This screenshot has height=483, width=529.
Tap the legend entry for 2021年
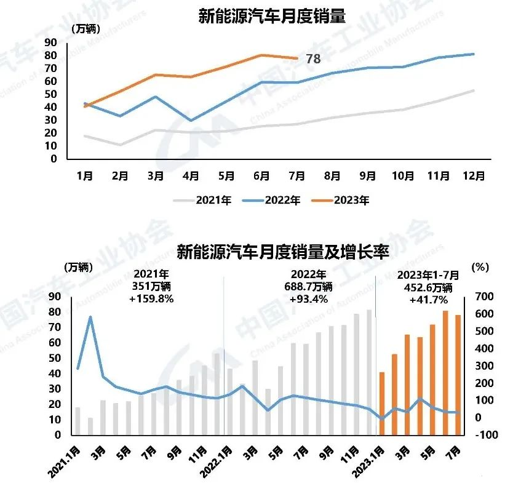204,200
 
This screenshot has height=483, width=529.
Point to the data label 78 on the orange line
313,59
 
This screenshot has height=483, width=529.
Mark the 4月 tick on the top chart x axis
191,176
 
